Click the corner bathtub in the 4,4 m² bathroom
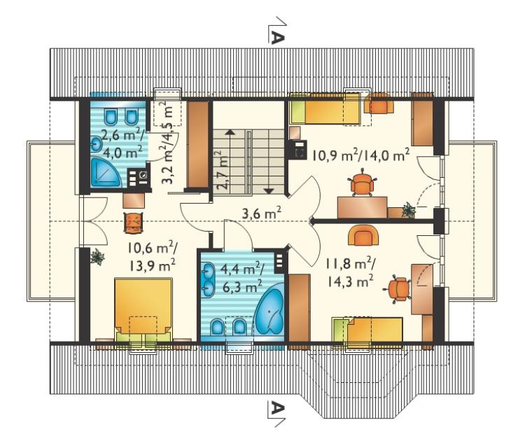tap(270, 311)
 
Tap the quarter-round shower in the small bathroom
tap(105, 171)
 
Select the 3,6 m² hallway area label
tap(262, 213)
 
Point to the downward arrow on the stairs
tap(269, 162)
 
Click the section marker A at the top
tap(276, 30)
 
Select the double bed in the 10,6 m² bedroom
tap(143, 311)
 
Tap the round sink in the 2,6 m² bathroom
tap(97, 144)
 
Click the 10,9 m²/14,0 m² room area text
tap(361, 155)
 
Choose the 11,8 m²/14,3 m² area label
tap(351, 272)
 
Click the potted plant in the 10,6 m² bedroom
tap(97, 256)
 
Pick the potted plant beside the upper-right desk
tap(409, 210)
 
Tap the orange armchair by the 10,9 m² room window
tap(379, 103)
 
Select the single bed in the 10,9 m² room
tap(325, 108)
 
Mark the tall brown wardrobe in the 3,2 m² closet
tap(197, 145)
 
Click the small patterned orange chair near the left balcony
tap(134, 223)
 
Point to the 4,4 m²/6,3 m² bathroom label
tap(241, 278)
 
